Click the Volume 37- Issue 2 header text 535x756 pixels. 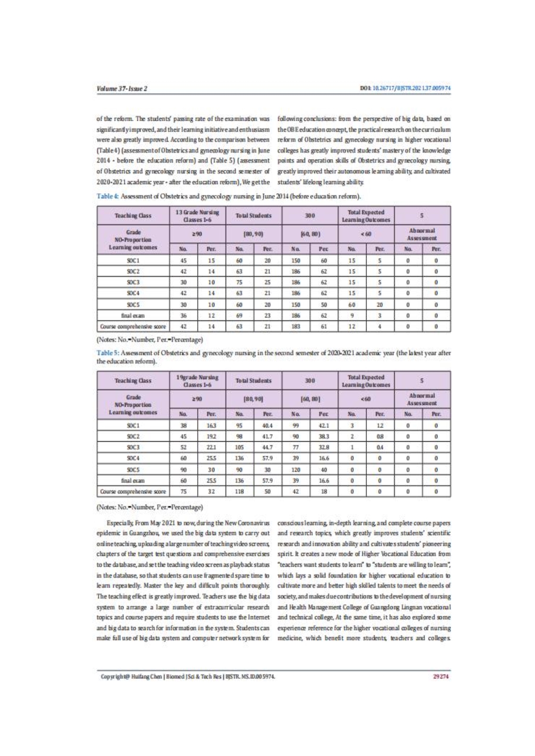pos(122,89)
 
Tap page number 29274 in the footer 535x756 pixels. pos(441,676)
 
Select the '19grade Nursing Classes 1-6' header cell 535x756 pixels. pos(197,380)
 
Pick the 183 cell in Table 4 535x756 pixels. pos(296,326)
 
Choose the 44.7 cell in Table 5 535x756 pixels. pos(267,446)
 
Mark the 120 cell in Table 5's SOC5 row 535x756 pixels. pos(296,469)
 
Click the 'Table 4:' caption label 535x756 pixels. pos(107,197)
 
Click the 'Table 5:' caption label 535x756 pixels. pos(107,353)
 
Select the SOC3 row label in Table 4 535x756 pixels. pos(133,282)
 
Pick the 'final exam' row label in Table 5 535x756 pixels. pos(133,480)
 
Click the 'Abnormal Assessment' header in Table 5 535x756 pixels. pos(422,398)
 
